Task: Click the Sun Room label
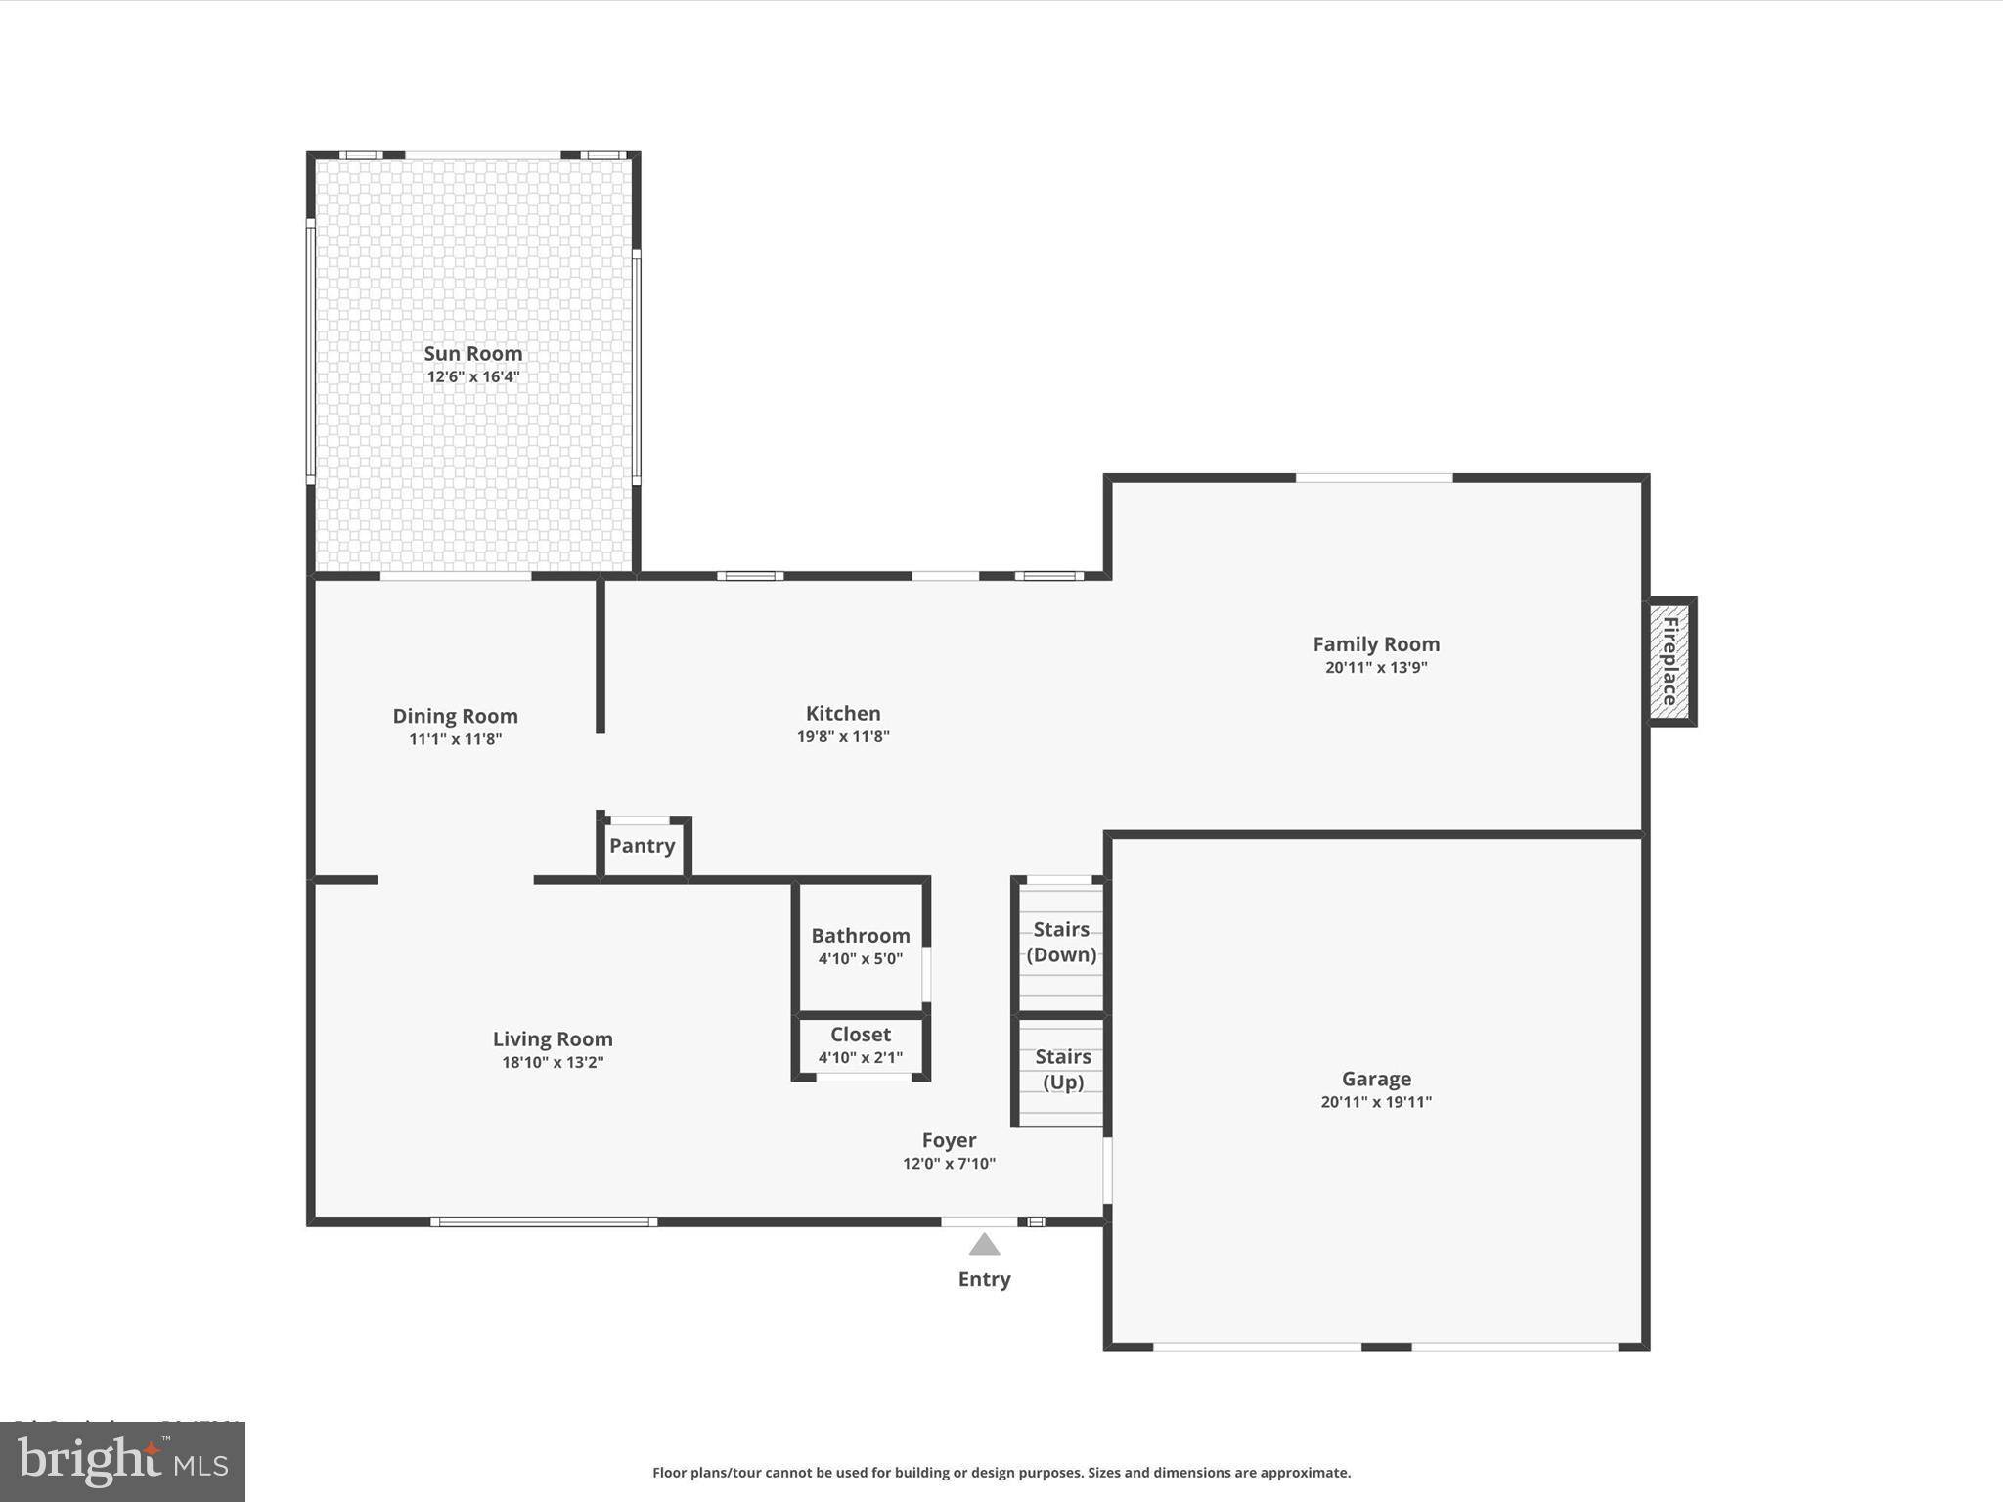click(472, 353)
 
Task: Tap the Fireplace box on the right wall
click(1670, 661)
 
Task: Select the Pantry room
click(643, 846)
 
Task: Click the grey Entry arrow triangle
click(984, 1245)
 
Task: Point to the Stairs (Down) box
click(1061, 943)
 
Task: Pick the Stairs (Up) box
click(1062, 1070)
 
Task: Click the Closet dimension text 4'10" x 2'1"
click(860, 1057)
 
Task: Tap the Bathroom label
click(860, 935)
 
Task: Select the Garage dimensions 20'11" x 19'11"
click(1375, 1102)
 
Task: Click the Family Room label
click(1375, 643)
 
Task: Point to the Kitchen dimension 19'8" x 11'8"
click(842, 736)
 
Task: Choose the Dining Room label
click(455, 716)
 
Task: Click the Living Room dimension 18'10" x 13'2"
click(553, 1062)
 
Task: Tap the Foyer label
click(949, 1140)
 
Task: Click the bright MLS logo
click(122, 1461)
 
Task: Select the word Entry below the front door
click(984, 1279)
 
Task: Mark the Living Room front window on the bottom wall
click(544, 1221)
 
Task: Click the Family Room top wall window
click(1373, 478)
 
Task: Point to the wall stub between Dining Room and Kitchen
click(601, 655)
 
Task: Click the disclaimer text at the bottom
click(1001, 1472)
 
